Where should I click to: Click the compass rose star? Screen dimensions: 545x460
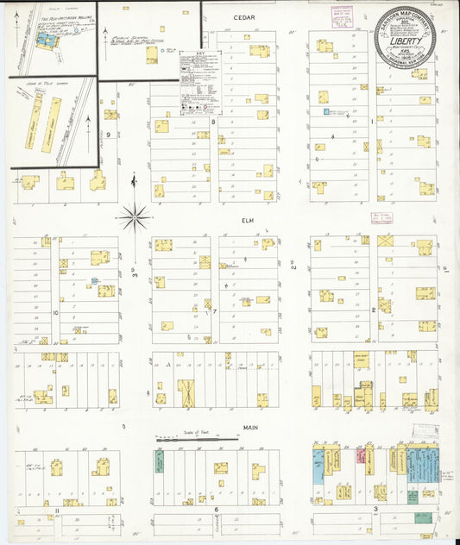[x=134, y=216]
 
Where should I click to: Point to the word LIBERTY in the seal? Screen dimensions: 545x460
[x=406, y=40]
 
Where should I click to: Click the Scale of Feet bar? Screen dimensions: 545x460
[x=197, y=438]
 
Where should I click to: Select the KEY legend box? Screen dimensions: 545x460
[x=199, y=82]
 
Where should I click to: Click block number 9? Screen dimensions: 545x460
[x=109, y=135]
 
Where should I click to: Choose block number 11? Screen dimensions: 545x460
[x=56, y=511]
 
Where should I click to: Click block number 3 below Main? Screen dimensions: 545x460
[x=376, y=510]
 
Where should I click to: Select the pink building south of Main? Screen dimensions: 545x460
[x=361, y=454]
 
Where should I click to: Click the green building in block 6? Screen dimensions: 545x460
[x=160, y=461]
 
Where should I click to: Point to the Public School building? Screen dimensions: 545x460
[x=151, y=54]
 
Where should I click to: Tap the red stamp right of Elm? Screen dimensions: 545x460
[x=381, y=217]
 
